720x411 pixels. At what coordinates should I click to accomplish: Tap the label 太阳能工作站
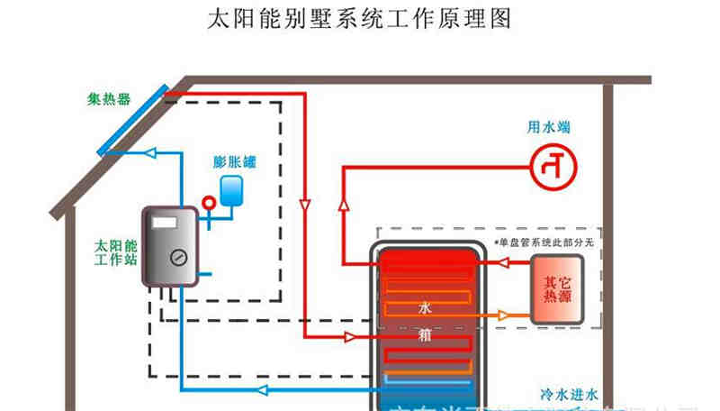pos(115,252)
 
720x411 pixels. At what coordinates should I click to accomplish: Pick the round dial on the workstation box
pos(176,256)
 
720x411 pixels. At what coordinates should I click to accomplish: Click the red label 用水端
pos(548,127)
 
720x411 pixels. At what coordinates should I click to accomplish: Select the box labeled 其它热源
pos(556,289)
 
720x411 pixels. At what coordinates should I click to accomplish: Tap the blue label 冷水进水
pos(569,394)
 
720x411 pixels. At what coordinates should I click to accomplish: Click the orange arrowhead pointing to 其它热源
pos(507,315)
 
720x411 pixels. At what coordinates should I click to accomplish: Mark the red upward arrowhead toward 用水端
pos(343,207)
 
